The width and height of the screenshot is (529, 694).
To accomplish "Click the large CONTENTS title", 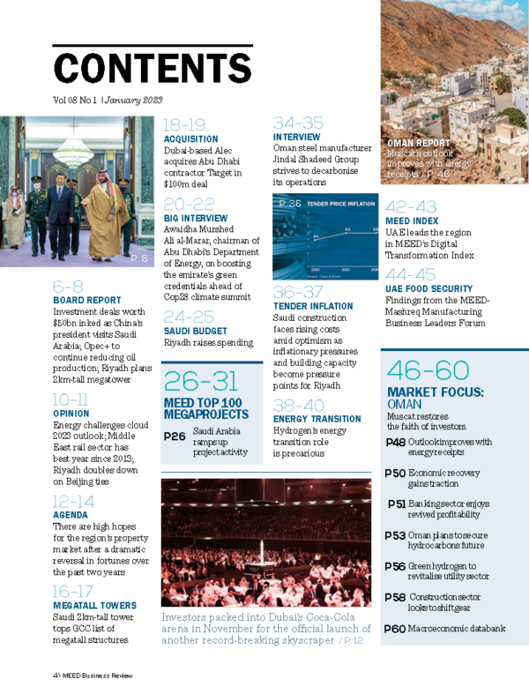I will pyautogui.click(x=153, y=68).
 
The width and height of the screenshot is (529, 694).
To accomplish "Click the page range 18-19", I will pyautogui.click(x=184, y=125).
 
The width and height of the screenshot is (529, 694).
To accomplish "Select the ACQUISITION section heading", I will pyautogui.click(x=191, y=139).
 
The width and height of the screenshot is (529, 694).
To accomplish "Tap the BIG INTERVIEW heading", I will pyautogui.click(x=196, y=218).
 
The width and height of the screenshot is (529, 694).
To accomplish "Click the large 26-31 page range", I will pyautogui.click(x=201, y=380).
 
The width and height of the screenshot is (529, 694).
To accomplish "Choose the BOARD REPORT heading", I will pyautogui.click(x=86, y=300).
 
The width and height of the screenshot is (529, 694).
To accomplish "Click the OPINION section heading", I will pyautogui.click(x=71, y=413).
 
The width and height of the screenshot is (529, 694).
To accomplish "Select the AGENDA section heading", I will pyautogui.click(x=70, y=514).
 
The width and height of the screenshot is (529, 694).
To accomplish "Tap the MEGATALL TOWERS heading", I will pyautogui.click(x=94, y=605).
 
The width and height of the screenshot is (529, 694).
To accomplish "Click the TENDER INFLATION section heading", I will pyautogui.click(x=312, y=306).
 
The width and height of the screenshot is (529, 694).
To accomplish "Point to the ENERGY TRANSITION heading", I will pyautogui.click(x=317, y=419).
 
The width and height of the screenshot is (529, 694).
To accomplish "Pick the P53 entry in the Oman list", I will pyautogui.click(x=394, y=535).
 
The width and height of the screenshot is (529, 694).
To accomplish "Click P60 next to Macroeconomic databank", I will pyautogui.click(x=394, y=629).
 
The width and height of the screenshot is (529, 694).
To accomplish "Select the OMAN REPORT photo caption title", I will pyautogui.click(x=419, y=143).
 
